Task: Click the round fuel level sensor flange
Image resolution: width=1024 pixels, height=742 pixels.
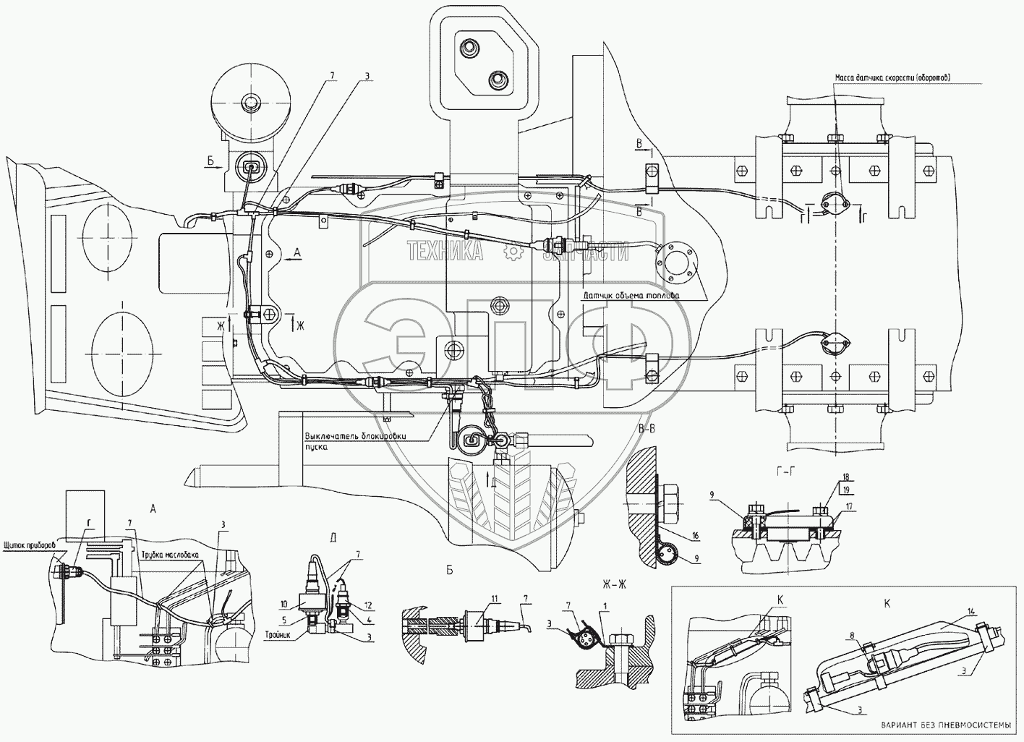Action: click(x=676, y=262)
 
